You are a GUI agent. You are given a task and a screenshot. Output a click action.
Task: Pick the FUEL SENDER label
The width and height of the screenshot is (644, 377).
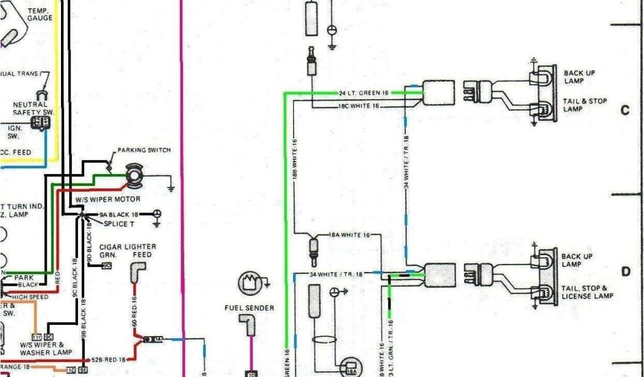click(249, 308)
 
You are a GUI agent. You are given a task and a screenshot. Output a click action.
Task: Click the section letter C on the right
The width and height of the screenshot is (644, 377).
click(625, 111)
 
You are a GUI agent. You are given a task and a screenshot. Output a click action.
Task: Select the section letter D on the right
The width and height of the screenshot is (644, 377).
click(626, 272)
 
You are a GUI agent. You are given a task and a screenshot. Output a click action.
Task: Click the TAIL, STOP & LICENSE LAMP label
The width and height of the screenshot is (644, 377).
click(587, 292)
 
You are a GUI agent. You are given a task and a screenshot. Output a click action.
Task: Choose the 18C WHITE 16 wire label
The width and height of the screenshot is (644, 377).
click(360, 106)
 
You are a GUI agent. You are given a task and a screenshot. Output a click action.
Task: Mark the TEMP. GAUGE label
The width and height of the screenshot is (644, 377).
click(40, 14)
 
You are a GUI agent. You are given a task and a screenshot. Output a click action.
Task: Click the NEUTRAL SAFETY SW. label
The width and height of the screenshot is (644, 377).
click(33, 108)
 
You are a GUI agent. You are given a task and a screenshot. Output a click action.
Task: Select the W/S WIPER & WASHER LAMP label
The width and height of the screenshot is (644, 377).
click(42, 348)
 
